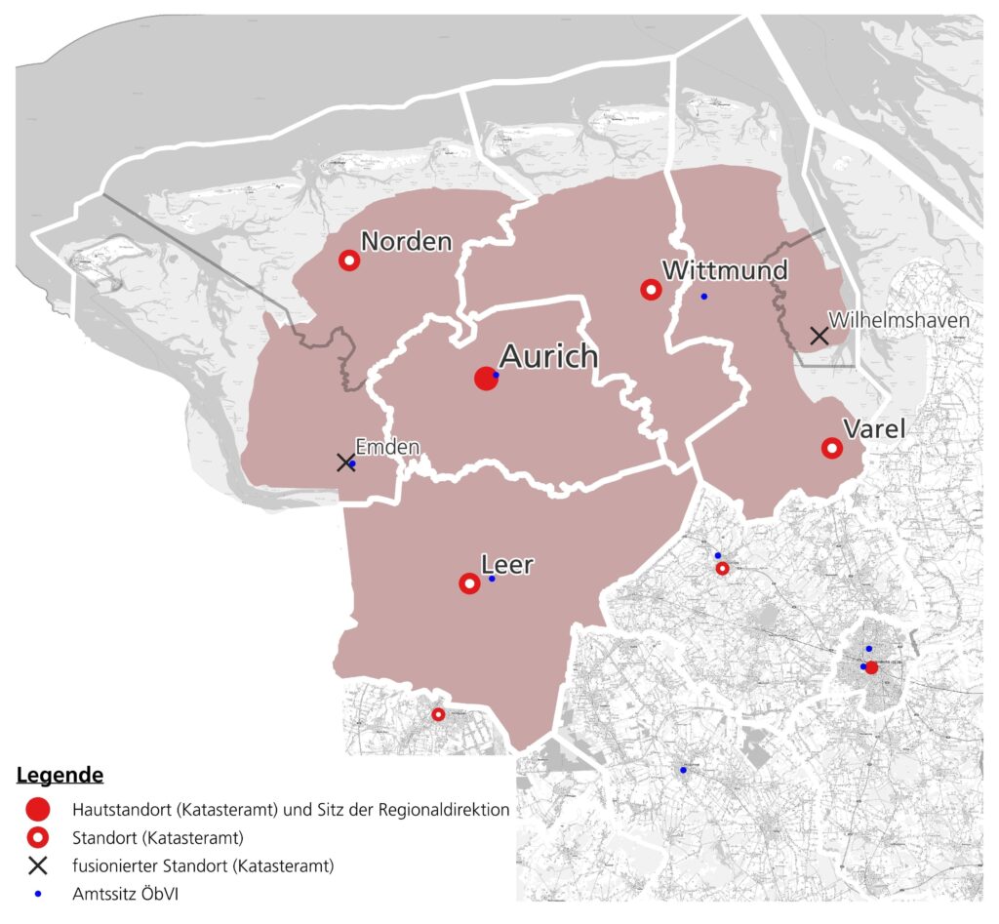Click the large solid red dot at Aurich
485,379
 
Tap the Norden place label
407,241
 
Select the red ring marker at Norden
349,261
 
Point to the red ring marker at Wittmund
651,290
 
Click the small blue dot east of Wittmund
703,296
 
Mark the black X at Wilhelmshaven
819,336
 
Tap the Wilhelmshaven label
899,320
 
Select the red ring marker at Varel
832,448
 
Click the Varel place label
873,428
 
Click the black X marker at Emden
344,462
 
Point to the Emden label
387,447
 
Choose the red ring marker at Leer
469,583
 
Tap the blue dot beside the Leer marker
492,579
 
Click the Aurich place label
548,356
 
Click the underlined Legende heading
60,776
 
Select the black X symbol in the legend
38,864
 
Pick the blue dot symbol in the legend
38,892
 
